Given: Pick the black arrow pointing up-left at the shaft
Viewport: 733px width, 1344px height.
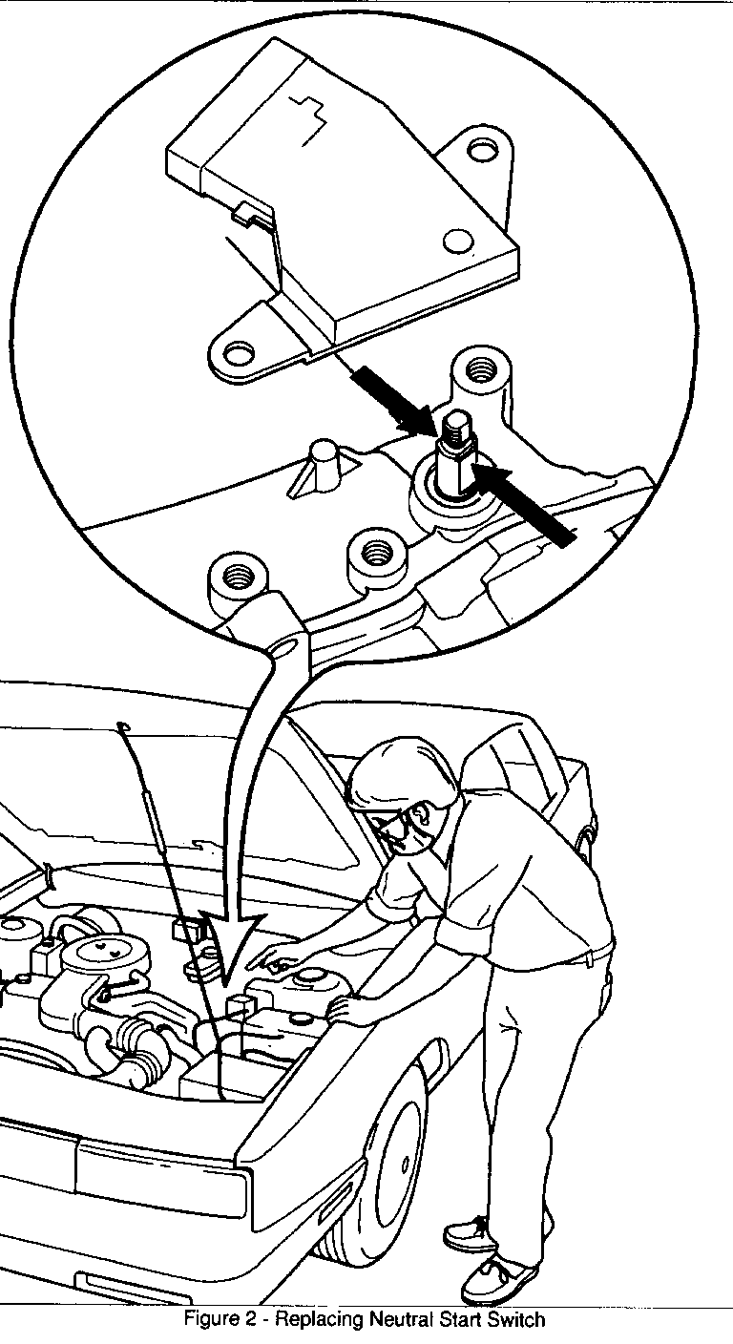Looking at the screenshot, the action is [522, 503].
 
